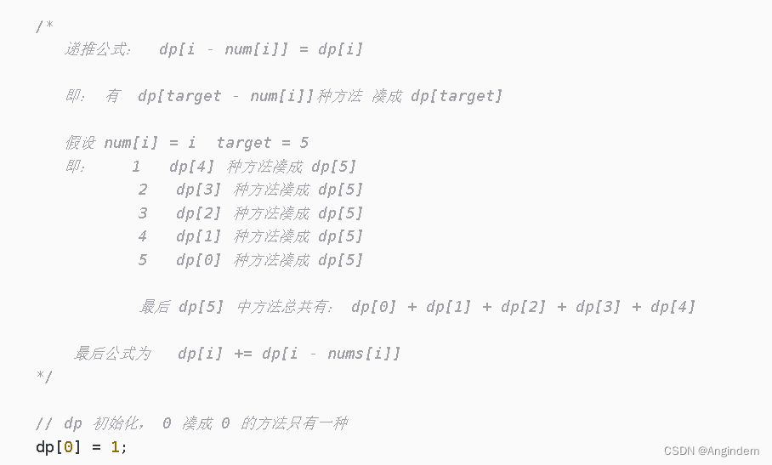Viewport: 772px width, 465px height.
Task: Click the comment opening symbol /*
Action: (44, 26)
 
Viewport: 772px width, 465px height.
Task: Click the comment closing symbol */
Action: (44, 377)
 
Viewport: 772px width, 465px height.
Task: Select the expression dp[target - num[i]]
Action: (226, 95)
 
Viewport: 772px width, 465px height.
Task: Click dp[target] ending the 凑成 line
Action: (457, 95)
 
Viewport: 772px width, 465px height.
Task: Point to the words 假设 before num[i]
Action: (80, 143)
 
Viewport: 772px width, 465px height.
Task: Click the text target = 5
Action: (263, 143)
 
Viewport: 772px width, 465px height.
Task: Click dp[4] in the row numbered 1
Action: (191, 167)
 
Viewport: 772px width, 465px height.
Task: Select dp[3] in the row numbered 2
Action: (198, 190)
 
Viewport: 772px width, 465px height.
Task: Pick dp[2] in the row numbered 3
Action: (198, 213)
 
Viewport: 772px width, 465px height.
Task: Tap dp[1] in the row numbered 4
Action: (198, 236)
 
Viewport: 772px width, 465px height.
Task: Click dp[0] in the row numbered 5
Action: (198, 260)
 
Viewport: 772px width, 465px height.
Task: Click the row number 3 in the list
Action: (143, 213)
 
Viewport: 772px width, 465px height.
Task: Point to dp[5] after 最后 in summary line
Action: (201, 307)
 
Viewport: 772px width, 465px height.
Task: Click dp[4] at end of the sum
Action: (673, 307)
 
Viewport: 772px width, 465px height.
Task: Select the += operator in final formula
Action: (242, 354)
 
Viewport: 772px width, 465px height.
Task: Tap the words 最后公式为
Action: (112, 354)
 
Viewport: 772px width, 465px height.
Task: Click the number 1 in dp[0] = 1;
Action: (115, 447)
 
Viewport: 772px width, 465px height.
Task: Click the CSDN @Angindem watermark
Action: (711, 451)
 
